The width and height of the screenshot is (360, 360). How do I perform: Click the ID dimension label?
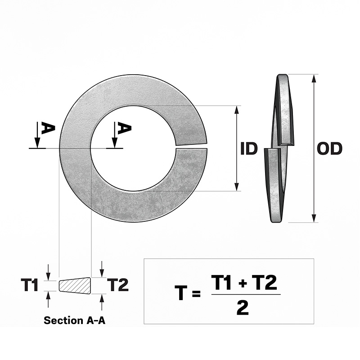[249, 148]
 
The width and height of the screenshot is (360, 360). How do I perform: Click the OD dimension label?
[329, 148]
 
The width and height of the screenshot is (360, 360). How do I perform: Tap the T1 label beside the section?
[29, 285]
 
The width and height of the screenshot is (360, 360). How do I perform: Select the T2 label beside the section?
[118, 285]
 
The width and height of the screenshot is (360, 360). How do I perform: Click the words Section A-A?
[75, 320]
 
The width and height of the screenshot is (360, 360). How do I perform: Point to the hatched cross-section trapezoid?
[75, 285]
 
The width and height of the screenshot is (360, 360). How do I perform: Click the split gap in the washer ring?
[191, 147]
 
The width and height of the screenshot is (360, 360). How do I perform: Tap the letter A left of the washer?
[48, 129]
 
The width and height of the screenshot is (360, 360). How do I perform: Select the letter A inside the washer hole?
[124, 129]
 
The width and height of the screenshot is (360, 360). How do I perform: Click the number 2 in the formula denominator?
[243, 308]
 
